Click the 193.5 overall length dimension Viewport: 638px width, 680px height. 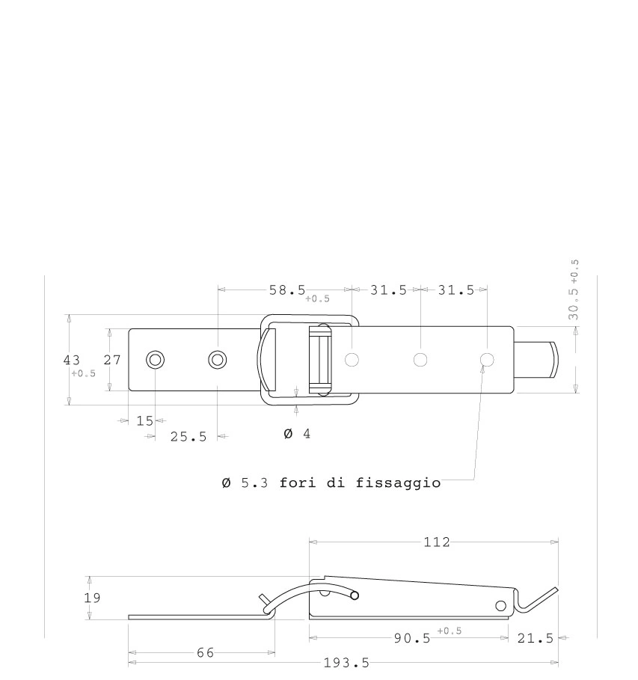(x=346, y=663)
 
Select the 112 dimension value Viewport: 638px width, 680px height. (x=436, y=542)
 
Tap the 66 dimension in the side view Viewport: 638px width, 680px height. (x=205, y=652)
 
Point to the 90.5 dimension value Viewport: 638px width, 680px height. (x=412, y=638)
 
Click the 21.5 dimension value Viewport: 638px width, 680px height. (x=536, y=638)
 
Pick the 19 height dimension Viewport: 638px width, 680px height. (x=92, y=598)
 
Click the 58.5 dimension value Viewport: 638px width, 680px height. (x=287, y=290)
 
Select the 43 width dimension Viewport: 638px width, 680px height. (x=72, y=360)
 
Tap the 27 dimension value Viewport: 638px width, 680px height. (x=112, y=360)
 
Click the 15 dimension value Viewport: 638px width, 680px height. (x=145, y=420)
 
